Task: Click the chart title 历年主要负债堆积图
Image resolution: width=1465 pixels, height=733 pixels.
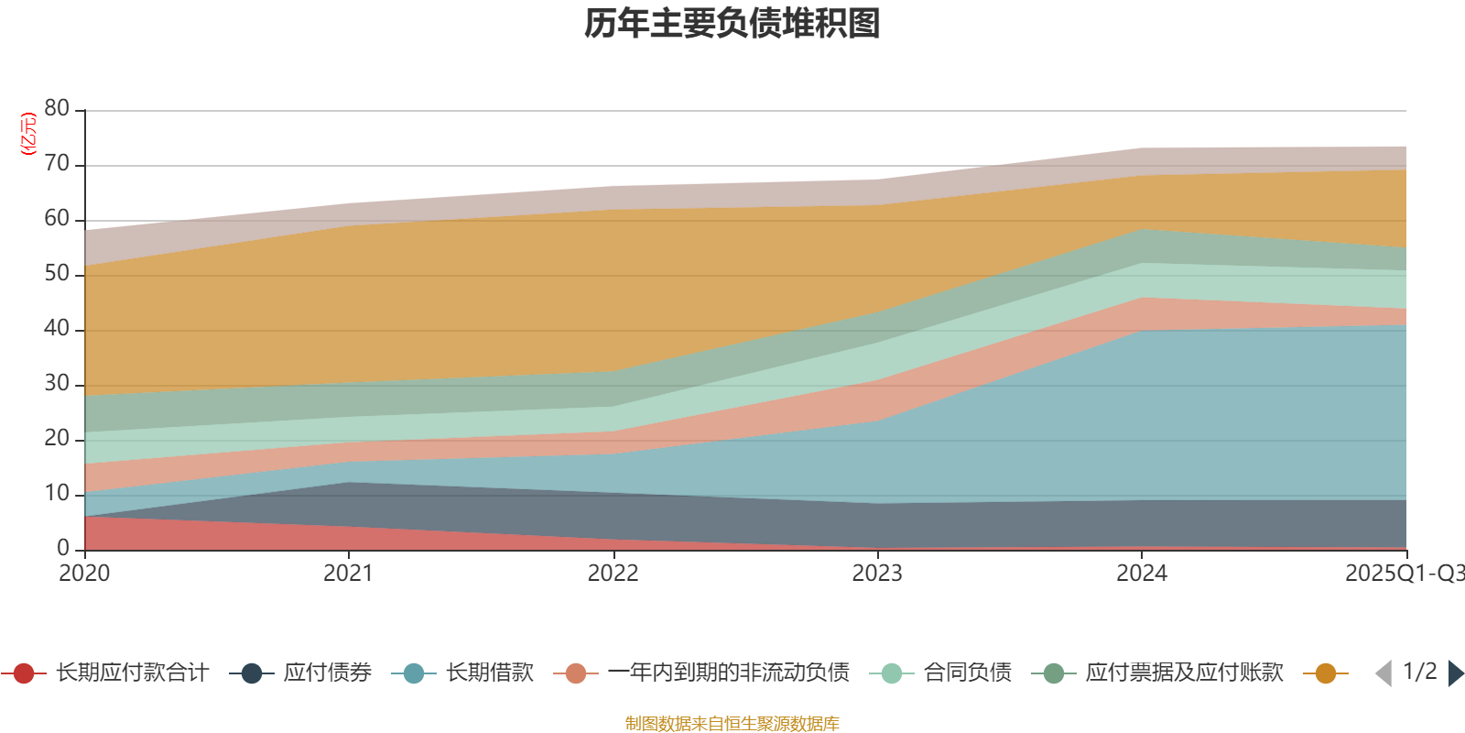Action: [732, 24]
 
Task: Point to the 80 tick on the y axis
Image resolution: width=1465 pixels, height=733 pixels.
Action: [57, 109]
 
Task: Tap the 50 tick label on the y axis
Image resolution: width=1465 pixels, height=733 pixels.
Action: [57, 274]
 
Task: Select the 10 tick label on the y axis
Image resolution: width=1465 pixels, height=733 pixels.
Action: [57, 494]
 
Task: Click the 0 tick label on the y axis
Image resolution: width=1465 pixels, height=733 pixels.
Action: [62, 548]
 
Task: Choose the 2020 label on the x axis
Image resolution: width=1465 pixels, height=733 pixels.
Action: [84, 574]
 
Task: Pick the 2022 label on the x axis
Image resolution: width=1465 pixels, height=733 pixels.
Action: [613, 574]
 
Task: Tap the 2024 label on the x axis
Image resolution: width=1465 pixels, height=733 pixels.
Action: [1141, 574]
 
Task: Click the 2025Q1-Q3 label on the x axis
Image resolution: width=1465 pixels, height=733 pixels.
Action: [1403, 574]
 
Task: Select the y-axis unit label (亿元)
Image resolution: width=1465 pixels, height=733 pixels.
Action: [29, 134]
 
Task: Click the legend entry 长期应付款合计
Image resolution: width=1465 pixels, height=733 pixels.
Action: [132, 673]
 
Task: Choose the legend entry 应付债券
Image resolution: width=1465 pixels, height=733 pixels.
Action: [327, 673]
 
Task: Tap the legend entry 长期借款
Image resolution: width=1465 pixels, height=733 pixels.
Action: [489, 673]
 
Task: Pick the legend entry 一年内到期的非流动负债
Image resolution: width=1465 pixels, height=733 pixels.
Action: [728, 673]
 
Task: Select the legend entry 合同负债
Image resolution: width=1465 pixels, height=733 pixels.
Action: [967, 673]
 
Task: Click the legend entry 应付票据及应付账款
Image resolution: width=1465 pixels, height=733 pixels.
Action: [1184, 673]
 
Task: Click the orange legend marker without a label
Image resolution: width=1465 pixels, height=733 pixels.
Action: [1325, 673]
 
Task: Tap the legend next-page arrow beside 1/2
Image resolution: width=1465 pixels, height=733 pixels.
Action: [1456, 673]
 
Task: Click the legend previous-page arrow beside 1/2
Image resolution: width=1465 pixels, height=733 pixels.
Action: [1384, 673]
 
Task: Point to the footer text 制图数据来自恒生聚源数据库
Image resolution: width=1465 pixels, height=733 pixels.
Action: [732, 724]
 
